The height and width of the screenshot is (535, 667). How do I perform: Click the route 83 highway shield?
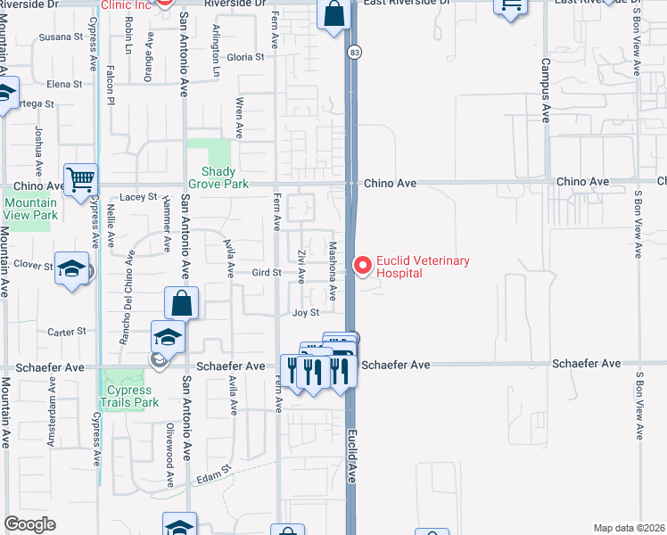coord(354,53)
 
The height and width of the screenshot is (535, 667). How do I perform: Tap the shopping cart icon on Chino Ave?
coord(81,181)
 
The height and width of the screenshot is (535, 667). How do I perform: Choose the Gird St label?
coord(267,272)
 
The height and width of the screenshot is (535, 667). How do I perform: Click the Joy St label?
coord(305,313)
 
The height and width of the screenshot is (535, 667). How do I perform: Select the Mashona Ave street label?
coord(332,270)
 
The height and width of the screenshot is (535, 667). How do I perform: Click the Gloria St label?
coord(246,57)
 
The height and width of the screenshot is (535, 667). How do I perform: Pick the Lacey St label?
coord(138,196)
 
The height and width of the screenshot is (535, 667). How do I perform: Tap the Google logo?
coord(29,524)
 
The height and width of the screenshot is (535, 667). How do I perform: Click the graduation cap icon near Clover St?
coord(71,268)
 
